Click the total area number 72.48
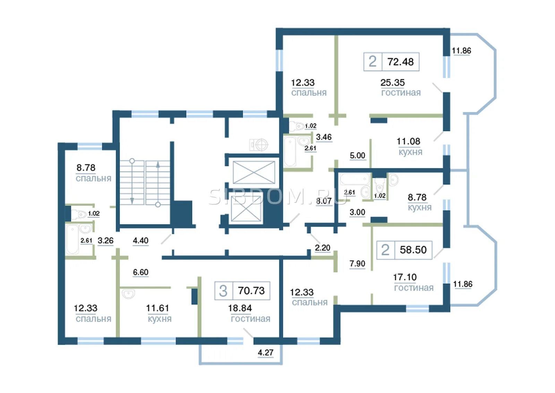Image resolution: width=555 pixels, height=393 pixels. click(x=400, y=62)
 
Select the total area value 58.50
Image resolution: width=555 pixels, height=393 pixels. click(x=413, y=250)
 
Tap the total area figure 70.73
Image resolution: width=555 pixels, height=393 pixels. click(x=251, y=290)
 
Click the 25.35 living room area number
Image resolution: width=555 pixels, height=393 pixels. click(x=392, y=82)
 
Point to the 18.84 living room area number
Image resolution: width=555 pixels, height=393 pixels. click(x=240, y=308)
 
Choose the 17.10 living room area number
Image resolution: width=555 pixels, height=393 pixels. click(x=405, y=277)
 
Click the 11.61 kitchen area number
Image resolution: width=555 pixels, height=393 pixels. click(x=157, y=308)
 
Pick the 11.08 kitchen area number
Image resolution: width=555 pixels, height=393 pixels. click(x=408, y=141)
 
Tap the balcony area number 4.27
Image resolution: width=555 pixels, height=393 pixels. click(x=265, y=353)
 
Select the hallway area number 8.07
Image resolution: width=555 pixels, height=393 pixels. click(x=324, y=201)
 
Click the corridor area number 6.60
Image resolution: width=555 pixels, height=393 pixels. click(x=140, y=272)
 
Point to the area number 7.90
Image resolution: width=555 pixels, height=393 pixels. click(x=357, y=263)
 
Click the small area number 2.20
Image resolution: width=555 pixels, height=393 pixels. click(x=322, y=248)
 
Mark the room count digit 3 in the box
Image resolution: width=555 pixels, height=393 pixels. click(x=223, y=291)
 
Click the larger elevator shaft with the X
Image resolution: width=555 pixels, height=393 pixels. click(x=254, y=172)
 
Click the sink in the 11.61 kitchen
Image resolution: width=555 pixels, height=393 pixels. click(x=129, y=294)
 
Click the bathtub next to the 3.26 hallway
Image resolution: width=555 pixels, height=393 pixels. click(x=72, y=239)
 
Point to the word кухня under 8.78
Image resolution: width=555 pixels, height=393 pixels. click(x=419, y=207)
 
